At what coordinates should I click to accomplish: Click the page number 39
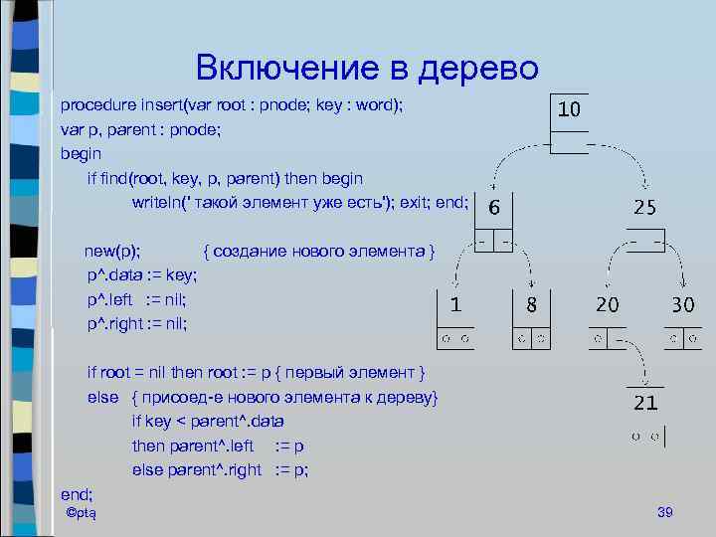click(665, 512)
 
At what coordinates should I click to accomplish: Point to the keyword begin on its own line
click(81, 154)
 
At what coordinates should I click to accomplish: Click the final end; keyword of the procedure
click(77, 493)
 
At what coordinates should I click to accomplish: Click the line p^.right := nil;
click(137, 323)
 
